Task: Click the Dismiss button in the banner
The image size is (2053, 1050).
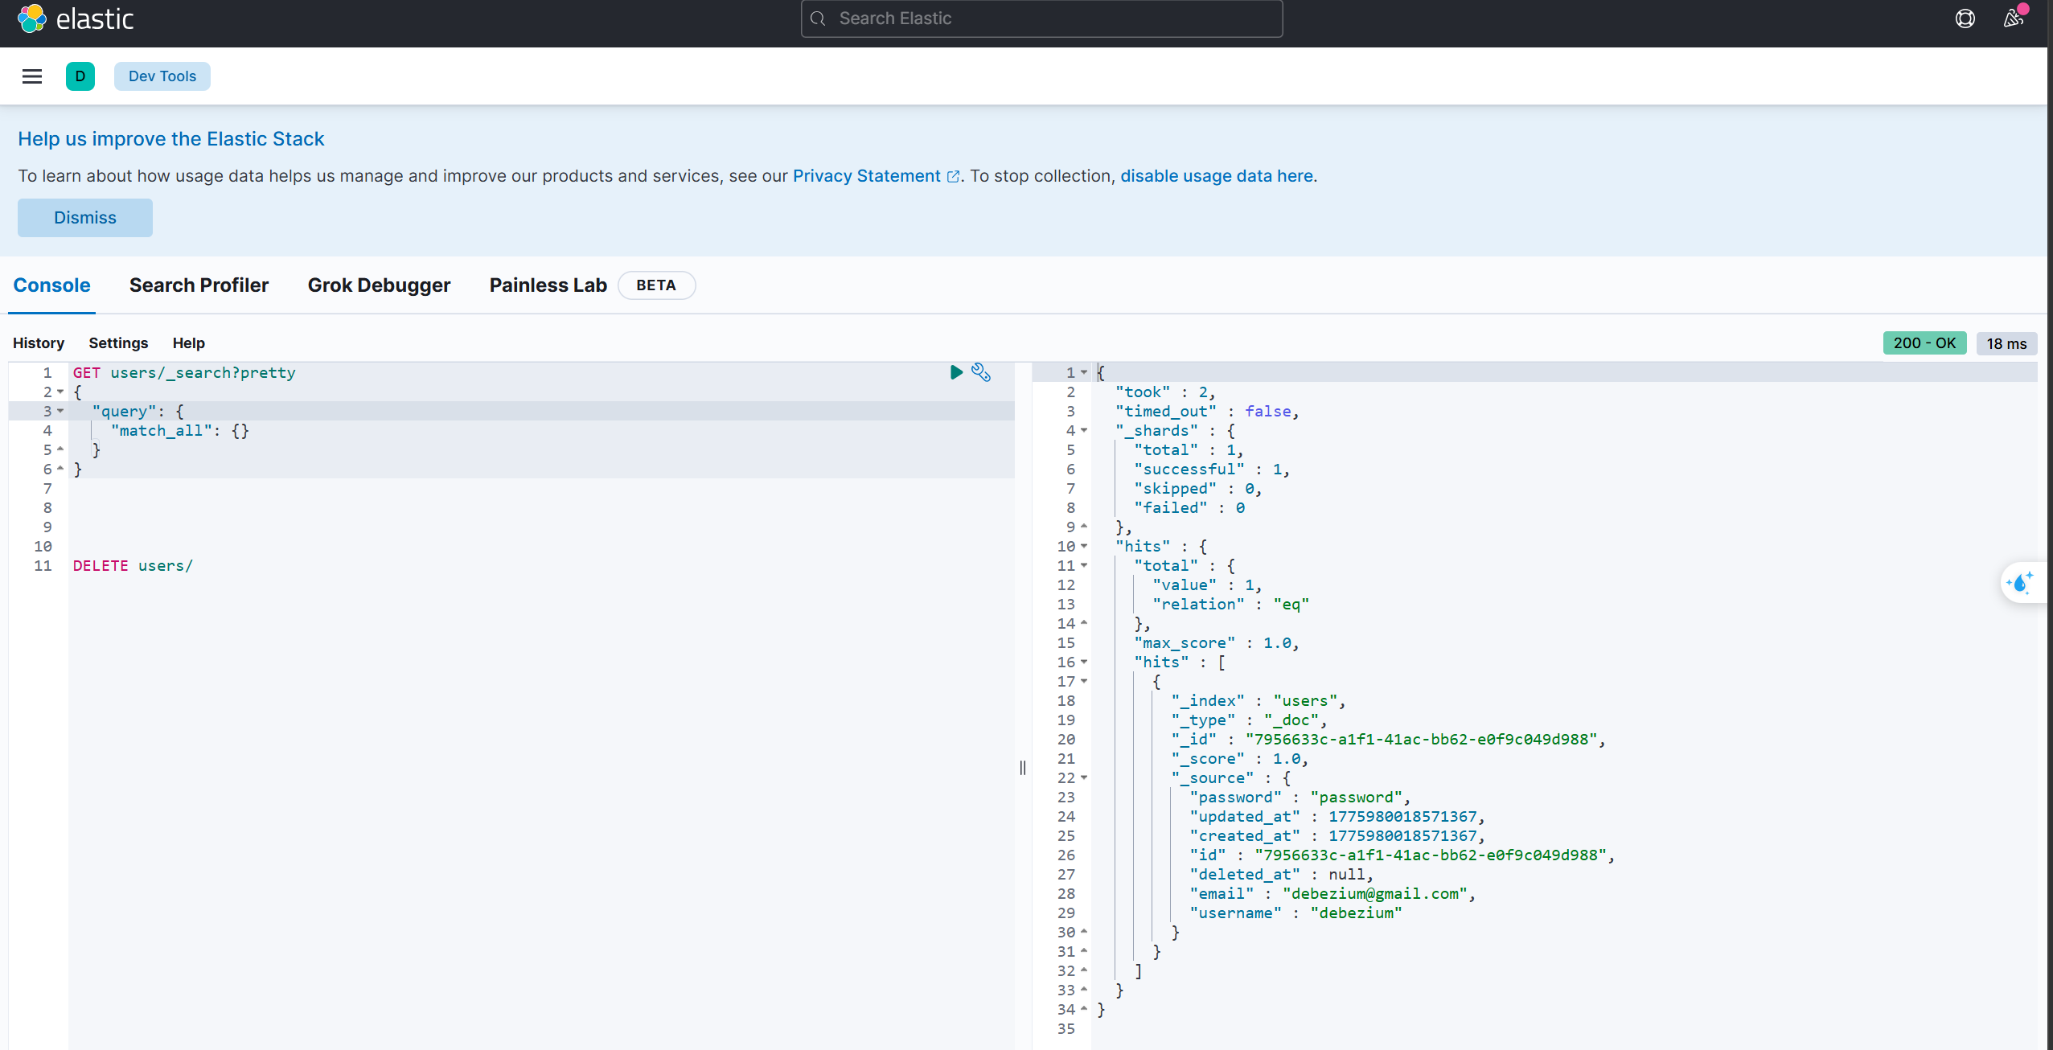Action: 85,218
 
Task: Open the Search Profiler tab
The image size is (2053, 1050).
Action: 199,285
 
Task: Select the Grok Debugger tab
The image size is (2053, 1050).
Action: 379,285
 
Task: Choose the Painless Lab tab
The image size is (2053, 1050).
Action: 548,285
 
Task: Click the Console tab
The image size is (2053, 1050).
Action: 51,285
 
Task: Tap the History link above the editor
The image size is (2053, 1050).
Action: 39,343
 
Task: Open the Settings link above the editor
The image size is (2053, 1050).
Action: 118,343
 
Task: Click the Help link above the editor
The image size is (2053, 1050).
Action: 189,343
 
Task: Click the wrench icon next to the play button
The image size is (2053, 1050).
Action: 981,372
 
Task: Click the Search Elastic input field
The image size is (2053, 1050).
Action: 1041,18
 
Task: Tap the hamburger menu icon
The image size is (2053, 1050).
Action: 32,76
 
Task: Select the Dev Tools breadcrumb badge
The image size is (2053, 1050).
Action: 162,76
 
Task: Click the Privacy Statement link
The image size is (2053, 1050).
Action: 867,176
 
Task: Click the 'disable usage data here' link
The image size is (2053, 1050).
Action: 1217,176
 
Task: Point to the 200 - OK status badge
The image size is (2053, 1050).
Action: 1924,343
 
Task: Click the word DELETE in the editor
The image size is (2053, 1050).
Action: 101,566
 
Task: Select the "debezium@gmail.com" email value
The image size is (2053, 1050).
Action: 1375,894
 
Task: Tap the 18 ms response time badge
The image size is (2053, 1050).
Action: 2006,344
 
